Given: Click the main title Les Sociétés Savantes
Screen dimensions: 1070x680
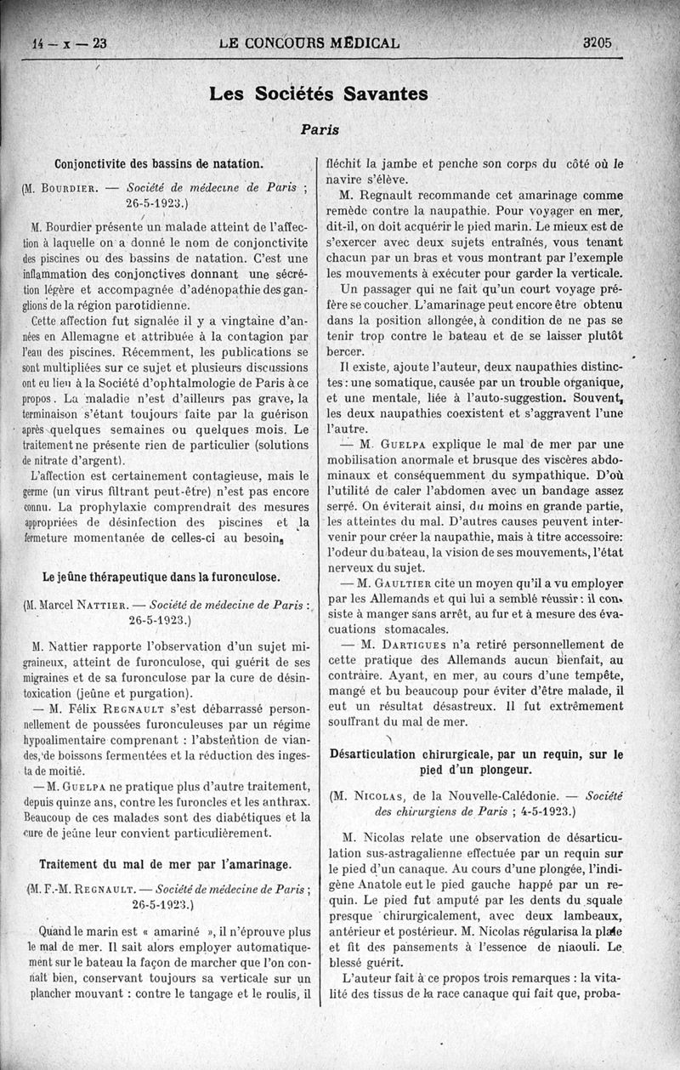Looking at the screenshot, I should tap(319, 94).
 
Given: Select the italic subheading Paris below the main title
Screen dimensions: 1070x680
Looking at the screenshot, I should tap(320, 130).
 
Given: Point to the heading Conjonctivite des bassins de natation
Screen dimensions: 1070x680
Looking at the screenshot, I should tap(159, 163).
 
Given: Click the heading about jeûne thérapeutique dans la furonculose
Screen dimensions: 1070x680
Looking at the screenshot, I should tap(161, 577).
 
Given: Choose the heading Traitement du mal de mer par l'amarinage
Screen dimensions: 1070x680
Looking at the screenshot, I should tap(165, 864).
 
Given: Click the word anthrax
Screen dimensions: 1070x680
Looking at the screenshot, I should tap(279, 801).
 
